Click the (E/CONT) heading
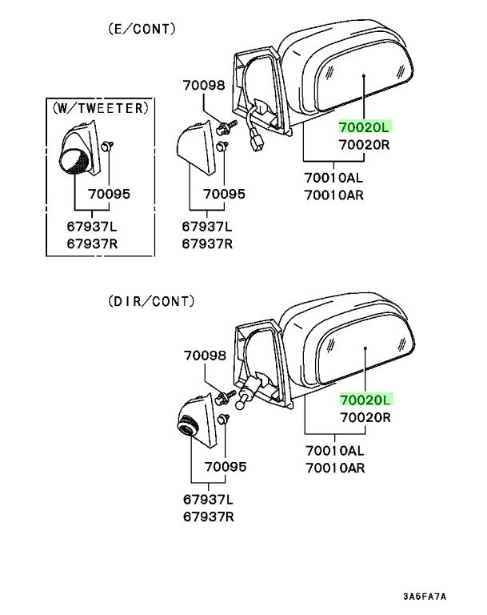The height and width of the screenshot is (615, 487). (142, 29)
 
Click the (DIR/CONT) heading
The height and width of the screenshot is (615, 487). (151, 301)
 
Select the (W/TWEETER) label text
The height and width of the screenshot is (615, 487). (101, 108)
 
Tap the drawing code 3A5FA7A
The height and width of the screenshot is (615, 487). (425, 597)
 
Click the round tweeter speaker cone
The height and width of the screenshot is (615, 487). (74, 161)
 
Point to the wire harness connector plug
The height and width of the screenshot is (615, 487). (257, 142)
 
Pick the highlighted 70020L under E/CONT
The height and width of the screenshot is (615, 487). (365, 127)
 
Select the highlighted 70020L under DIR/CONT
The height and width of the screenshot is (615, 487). (365, 400)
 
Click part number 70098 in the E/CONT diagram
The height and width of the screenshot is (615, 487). (204, 86)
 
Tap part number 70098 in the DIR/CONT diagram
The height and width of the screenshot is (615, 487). (205, 356)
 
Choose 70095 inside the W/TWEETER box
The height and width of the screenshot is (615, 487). (109, 194)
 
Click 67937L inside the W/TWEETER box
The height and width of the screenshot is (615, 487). (92, 227)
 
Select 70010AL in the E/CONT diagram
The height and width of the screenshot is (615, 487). (333, 178)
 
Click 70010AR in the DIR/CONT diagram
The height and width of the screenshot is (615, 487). (335, 468)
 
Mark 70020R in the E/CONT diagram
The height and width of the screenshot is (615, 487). (365, 145)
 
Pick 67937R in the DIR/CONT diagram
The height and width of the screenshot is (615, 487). (209, 517)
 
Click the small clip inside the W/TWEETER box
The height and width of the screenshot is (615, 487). (106, 147)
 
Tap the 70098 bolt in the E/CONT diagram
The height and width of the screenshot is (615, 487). (226, 127)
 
